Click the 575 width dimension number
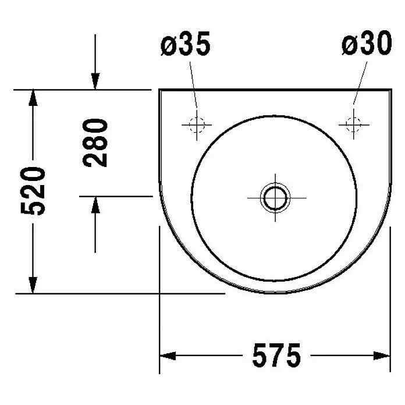[x=276, y=355]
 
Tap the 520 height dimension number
[x=33, y=191]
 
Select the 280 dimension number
[x=95, y=143]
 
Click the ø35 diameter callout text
[x=186, y=44]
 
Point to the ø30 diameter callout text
[x=367, y=43]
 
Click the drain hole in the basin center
[x=275, y=198]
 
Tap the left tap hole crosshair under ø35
[x=197, y=125]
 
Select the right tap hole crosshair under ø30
[x=354, y=125]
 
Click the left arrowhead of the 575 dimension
[x=168, y=356]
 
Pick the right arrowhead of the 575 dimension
[x=382, y=356]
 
